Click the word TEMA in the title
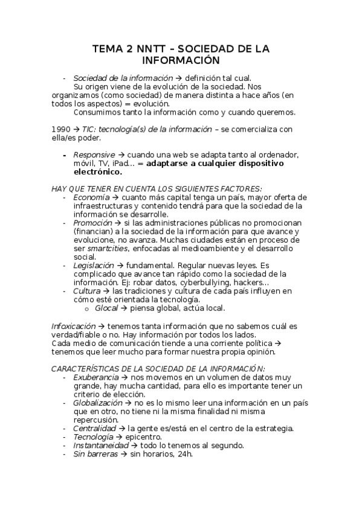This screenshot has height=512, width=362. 106,49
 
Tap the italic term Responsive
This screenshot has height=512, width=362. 94,155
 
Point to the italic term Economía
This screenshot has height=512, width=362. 91,197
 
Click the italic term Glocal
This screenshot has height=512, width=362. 106,307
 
